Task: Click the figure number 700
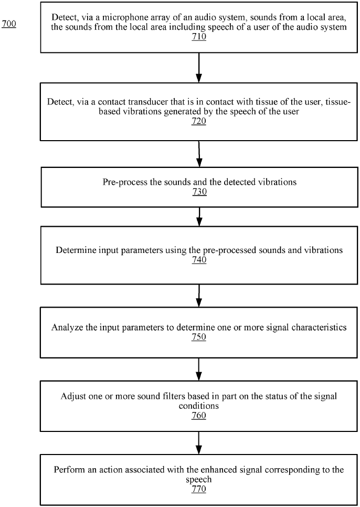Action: pos(9,24)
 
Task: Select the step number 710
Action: pos(199,38)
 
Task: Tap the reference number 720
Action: pos(199,121)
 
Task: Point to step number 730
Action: pos(199,192)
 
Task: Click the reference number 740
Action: pos(199,260)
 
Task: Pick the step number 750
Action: pos(199,337)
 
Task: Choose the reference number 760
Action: pos(199,416)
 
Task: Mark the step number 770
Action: pos(199,489)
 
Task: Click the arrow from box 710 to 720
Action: pos(199,66)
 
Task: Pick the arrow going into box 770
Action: pos(199,443)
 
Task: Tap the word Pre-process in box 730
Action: pos(122,182)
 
